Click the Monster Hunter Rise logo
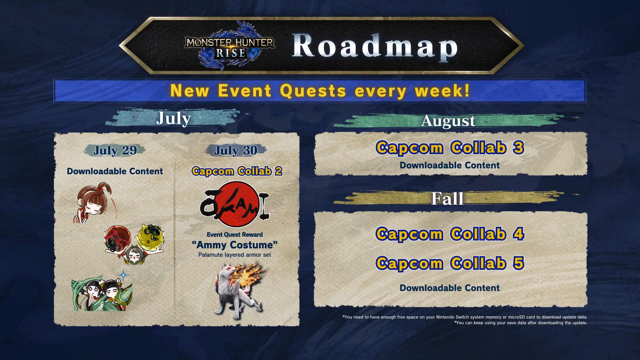[x=230, y=46]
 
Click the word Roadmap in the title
[x=375, y=46]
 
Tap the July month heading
[x=173, y=118]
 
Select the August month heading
[x=448, y=121]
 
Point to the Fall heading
[x=447, y=199]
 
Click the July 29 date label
[x=115, y=150]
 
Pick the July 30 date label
[x=236, y=150]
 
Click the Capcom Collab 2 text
[x=237, y=171]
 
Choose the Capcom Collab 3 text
[x=450, y=148]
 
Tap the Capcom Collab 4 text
[x=450, y=234]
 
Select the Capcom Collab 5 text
[x=450, y=263]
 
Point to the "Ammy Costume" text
[x=235, y=245]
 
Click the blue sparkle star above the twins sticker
[x=124, y=275]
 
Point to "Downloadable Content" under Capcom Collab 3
[x=450, y=165]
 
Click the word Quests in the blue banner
[x=313, y=91]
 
